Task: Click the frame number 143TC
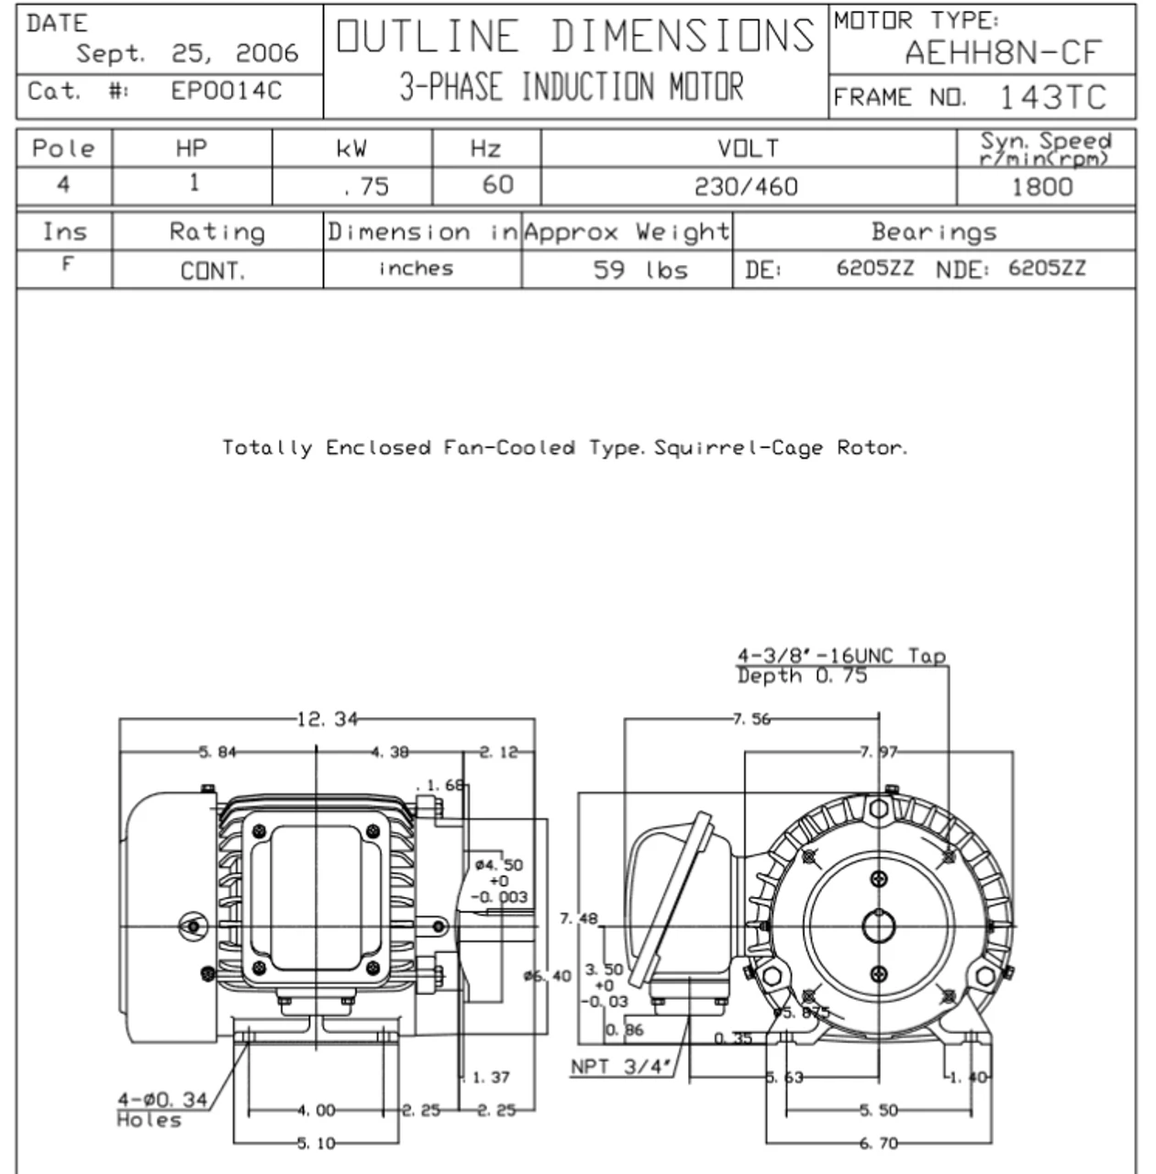coord(1051,97)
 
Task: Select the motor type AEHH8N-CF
coord(1002,53)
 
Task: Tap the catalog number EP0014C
coord(227,92)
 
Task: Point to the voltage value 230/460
coord(746,187)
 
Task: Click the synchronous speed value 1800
coord(1041,187)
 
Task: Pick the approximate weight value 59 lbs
coord(640,270)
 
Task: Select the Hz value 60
coord(497,185)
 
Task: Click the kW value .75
coord(365,187)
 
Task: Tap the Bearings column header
coord(934,232)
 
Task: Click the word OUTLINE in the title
coord(428,38)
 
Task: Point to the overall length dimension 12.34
coord(328,719)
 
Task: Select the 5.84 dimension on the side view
coord(217,753)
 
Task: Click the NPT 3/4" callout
coord(621,1067)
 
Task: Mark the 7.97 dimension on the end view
coord(878,753)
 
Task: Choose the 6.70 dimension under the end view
coord(878,1143)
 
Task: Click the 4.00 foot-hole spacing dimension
coord(316,1111)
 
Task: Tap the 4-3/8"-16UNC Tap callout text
coord(840,656)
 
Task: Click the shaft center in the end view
coord(879,927)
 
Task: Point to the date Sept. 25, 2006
coord(187,54)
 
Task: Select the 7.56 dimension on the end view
coord(750,719)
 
